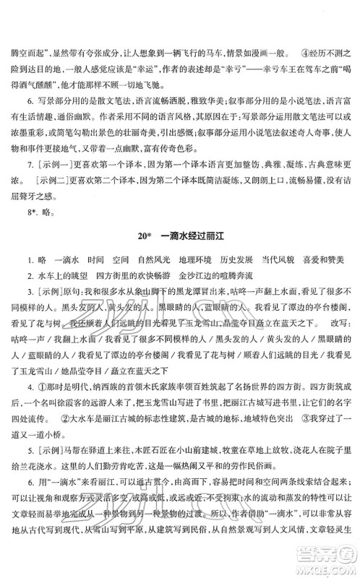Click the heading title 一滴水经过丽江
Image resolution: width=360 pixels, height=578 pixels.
click(192, 238)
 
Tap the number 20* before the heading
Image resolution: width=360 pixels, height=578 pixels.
click(143, 238)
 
